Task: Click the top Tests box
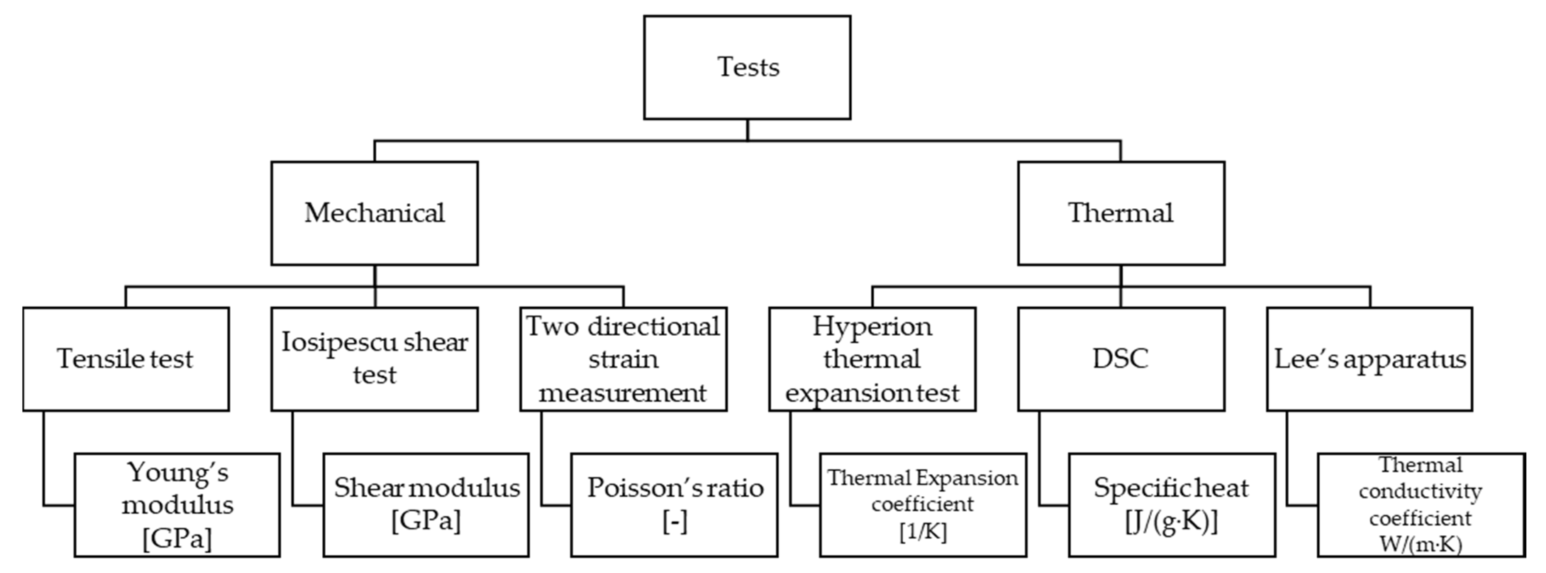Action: [747, 67]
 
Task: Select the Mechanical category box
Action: [375, 213]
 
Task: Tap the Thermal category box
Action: [1121, 213]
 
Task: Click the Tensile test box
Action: [125, 359]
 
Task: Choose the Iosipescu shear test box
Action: [375, 359]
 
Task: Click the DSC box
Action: [1121, 359]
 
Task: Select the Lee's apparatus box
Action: [1369, 359]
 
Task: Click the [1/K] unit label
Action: [923, 531]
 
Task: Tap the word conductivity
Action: [1421, 492]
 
